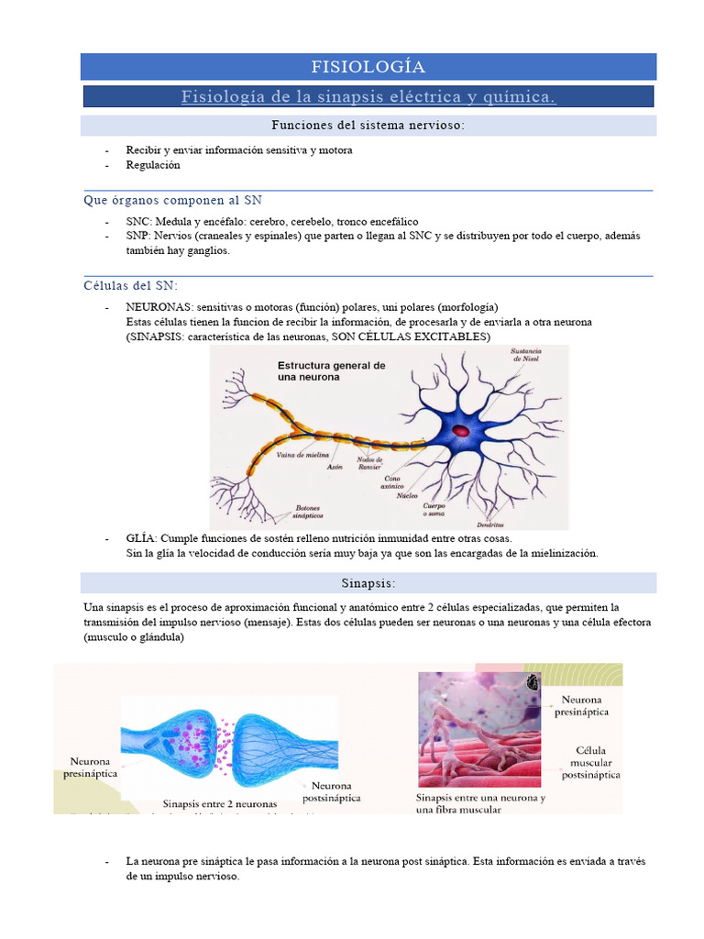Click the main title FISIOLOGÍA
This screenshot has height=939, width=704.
(368, 66)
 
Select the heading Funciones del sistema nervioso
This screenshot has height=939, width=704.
(368, 126)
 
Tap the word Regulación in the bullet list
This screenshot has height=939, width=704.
(153, 165)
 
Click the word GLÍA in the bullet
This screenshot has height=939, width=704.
(142, 538)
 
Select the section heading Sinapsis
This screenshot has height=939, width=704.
(368, 583)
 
